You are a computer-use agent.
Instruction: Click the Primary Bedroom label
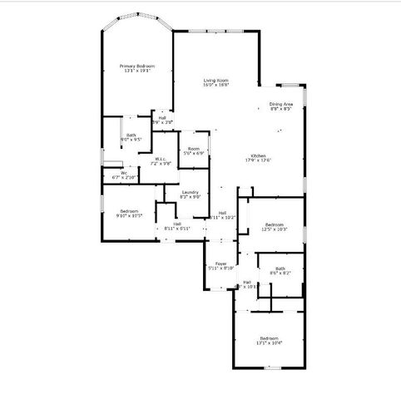(x=137, y=66)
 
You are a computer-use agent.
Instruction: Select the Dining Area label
(x=280, y=104)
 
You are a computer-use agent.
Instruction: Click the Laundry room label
(x=191, y=192)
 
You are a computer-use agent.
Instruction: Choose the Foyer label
(x=220, y=264)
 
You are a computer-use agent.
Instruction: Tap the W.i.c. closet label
(x=161, y=159)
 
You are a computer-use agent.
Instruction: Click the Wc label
(x=124, y=173)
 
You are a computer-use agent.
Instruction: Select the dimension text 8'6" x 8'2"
(x=280, y=273)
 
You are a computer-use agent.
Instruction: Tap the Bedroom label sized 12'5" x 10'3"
(x=275, y=224)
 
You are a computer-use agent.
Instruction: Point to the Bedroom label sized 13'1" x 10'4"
(x=270, y=337)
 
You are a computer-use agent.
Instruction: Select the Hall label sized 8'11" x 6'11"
(x=178, y=224)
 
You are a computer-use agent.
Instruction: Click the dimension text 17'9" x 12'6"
(x=258, y=161)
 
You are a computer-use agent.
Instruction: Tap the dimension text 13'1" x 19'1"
(x=137, y=71)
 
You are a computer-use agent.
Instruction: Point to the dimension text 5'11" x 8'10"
(x=220, y=268)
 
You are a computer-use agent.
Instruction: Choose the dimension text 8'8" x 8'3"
(x=280, y=109)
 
